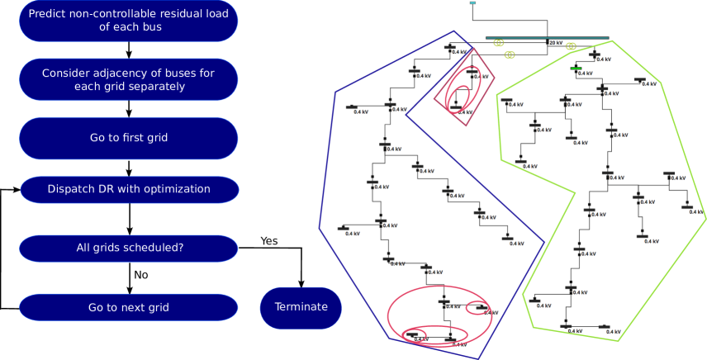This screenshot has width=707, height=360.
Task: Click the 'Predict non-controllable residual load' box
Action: click(x=128, y=21)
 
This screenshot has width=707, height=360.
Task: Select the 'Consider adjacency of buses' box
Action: click(x=128, y=79)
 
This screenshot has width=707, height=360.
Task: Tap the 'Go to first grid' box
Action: click(x=128, y=138)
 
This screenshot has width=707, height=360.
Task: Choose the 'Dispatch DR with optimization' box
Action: click(x=129, y=189)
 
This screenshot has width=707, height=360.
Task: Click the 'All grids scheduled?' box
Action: click(x=128, y=248)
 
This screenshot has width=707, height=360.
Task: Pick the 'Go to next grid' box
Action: click(x=128, y=307)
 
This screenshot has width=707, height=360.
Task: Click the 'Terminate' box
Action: click(x=301, y=307)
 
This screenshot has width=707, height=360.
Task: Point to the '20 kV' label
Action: click(x=556, y=43)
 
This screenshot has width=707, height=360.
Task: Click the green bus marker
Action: click(x=576, y=68)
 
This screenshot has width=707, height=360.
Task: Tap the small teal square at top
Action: click(x=472, y=3)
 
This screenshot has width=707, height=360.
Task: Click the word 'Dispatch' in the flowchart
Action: click(x=71, y=189)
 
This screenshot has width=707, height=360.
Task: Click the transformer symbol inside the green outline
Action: click(x=571, y=46)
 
